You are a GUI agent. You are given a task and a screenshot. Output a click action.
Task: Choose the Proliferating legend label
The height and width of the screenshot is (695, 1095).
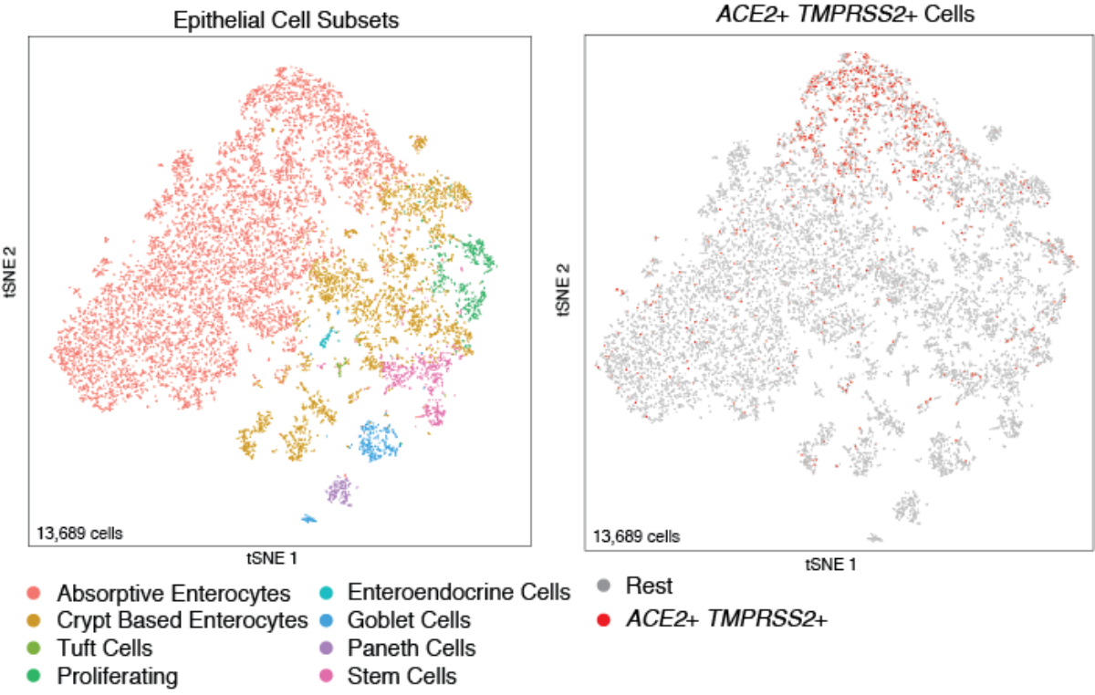(117, 676)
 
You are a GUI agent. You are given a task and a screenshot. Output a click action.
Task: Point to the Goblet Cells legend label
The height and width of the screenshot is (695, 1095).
(410, 621)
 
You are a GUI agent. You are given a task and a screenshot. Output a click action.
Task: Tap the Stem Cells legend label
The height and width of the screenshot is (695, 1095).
(402, 676)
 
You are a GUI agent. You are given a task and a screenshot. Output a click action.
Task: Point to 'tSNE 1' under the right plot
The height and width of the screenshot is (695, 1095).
(830, 565)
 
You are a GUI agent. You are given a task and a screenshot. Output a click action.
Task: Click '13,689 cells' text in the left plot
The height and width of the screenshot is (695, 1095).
(78, 531)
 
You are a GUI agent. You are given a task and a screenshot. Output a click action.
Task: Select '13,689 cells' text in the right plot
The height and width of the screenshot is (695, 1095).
(636, 535)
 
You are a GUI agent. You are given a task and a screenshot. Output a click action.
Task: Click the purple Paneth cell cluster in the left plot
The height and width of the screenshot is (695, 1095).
(339, 492)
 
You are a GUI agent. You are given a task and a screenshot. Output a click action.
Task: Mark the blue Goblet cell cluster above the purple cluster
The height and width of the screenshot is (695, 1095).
(377, 441)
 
